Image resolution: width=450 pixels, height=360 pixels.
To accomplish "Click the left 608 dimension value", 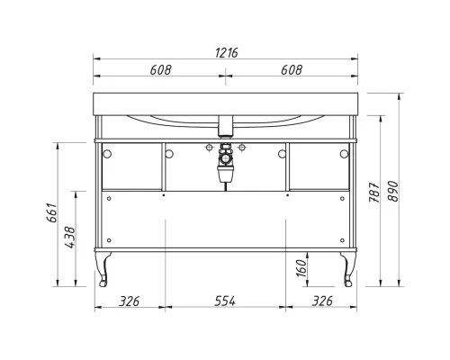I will coord(161,70).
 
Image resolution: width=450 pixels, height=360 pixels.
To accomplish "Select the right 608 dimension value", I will coord(291,70).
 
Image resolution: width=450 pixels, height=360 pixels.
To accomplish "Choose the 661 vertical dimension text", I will coord(53,212).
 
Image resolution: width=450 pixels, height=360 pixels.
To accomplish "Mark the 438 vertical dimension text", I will coord(70,237).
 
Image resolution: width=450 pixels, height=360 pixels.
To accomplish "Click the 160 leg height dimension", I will coord(301,266).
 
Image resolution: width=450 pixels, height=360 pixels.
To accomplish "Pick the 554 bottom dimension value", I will coord(224,301).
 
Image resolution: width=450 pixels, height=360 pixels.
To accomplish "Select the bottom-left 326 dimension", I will coord(130,301).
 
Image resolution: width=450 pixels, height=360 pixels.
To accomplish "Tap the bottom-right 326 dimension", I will coord(321,301).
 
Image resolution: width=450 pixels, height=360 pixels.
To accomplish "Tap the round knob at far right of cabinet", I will coord(345,154).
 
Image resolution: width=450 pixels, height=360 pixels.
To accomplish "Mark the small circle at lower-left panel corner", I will coord(108,242).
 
